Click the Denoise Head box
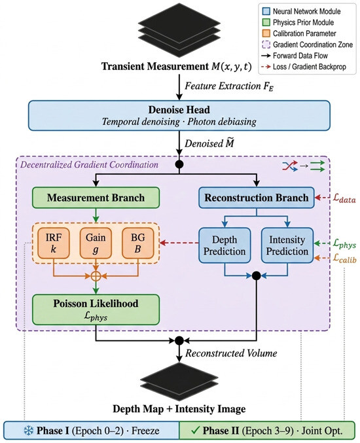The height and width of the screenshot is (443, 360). tap(179, 116)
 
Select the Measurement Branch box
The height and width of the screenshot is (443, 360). tap(96, 198)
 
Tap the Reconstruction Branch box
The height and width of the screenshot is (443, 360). tap(257, 198)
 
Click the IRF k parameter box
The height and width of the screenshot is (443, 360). tap(54, 243)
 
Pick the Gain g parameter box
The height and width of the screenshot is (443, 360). tap(96, 243)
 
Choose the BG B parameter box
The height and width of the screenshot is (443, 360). tap(138, 243)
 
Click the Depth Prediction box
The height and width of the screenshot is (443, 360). tap(225, 245)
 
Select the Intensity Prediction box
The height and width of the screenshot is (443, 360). tap(287, 245)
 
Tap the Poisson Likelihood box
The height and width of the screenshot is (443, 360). tap(96, 310)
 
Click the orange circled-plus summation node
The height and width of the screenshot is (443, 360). tap(96, 276)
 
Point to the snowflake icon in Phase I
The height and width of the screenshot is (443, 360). tap(29, 431)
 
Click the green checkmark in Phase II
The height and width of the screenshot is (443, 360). tap(195, 431)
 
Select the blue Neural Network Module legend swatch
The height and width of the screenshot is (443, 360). tap(266, 11)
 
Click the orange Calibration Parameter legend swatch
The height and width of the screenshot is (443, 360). tap(266, 33)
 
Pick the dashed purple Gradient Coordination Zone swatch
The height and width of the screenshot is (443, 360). tap(266, 44)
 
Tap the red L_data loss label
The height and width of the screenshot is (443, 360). tap(344, 198)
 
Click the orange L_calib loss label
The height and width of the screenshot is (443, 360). tap(344, 258)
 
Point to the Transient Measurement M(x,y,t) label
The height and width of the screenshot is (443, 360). tap(176, 66)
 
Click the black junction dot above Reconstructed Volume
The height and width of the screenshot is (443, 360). tap(179, 340)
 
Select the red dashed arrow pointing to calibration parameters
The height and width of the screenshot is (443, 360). tap(179, 242)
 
